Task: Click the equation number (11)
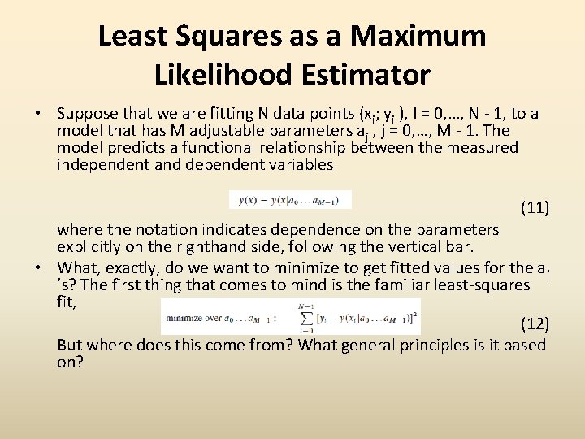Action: [x=535, y=207]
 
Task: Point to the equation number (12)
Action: [x=535, y=324]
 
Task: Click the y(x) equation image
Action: [x=290, y=200]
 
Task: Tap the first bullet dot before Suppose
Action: [x=38, y=113]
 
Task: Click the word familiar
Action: [x=410, y=285]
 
